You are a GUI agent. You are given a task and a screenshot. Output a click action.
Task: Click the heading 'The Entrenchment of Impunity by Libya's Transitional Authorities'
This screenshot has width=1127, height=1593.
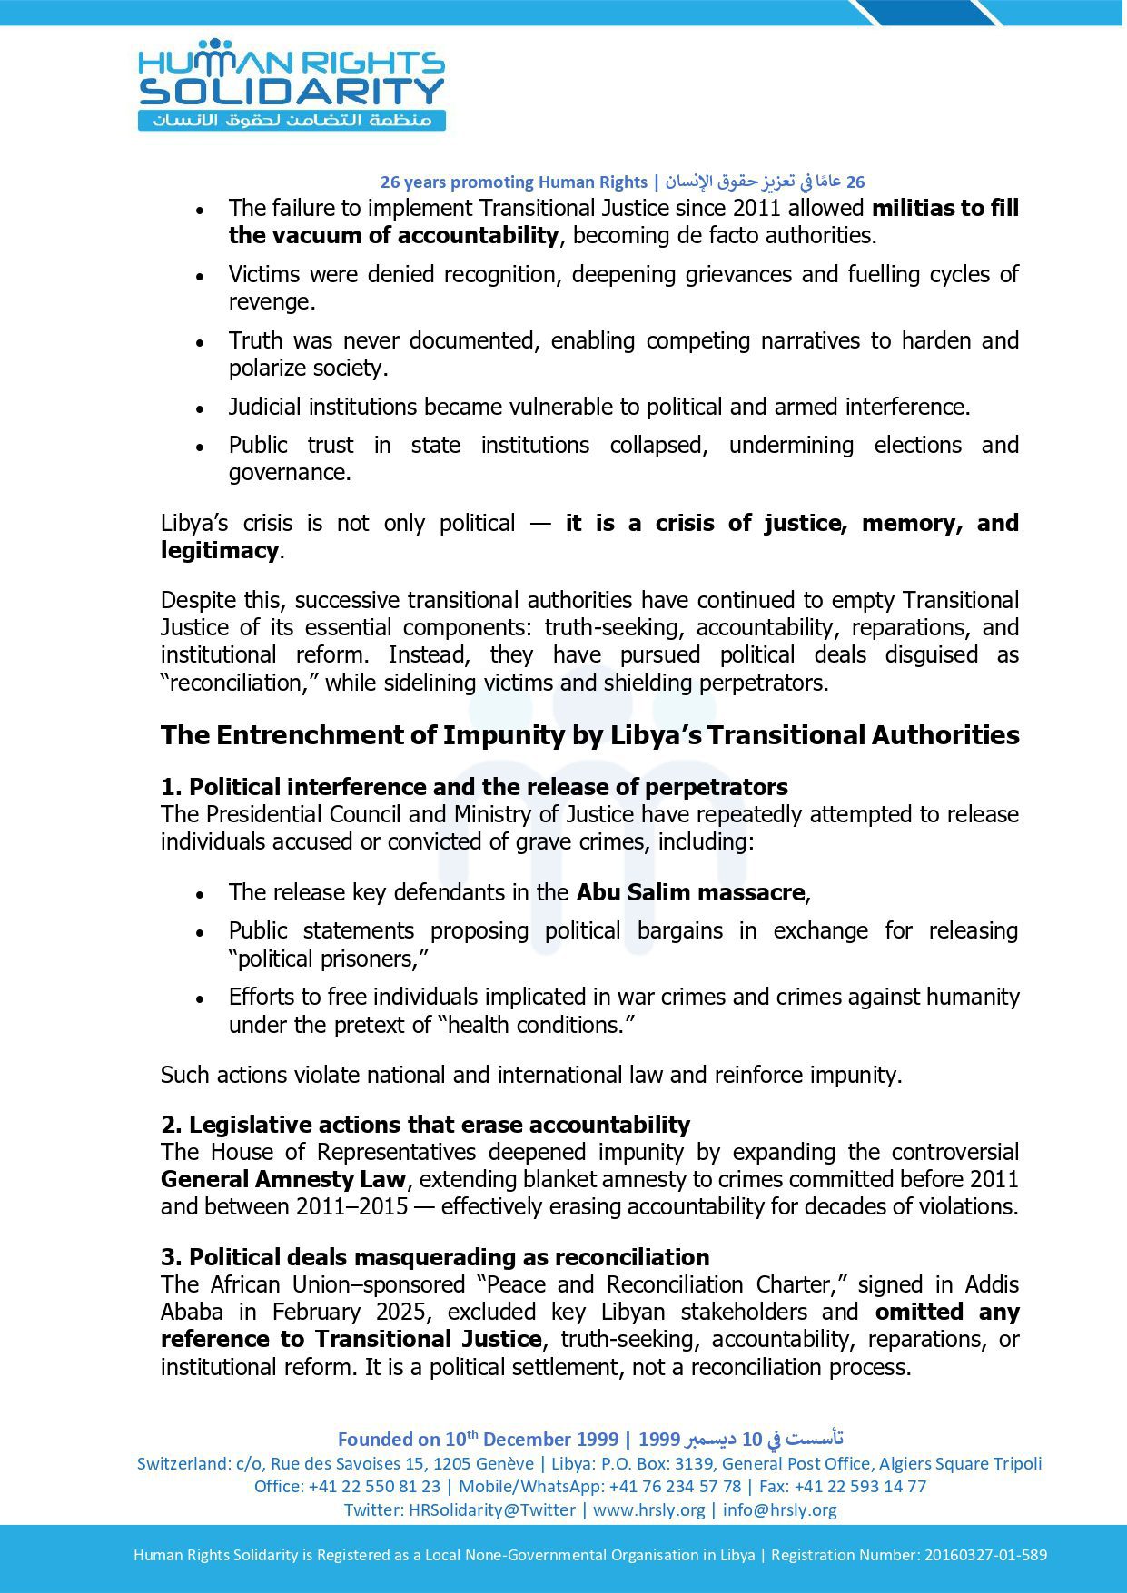tap(589, 734)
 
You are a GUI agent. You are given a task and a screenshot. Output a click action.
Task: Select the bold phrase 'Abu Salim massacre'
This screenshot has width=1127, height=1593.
tap(690, 892)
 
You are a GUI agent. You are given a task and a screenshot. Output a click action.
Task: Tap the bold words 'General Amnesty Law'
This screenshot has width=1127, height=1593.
tap(282, 1179)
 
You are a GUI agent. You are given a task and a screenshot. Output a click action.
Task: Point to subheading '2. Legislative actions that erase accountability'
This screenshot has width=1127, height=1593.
tap(425, 1125)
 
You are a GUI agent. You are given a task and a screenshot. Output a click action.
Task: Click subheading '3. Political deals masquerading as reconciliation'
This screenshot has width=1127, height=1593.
tap(435, 1257)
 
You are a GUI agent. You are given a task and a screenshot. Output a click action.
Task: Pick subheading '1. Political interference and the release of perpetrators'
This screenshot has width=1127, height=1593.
tap(474, 787)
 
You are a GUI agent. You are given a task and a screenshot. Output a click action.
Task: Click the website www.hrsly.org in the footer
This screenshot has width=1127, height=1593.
tap(648, 1509)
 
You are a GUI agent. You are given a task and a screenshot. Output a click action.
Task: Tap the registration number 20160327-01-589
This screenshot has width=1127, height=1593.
tap(985, 1554)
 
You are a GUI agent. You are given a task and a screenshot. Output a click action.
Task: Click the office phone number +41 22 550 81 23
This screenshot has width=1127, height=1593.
tap(374, 1486)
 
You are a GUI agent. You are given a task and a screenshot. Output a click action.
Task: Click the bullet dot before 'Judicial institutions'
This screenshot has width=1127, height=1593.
tap(200, 408)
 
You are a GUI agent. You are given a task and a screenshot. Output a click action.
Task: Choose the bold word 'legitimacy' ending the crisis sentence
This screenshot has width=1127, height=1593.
tap(219, 550)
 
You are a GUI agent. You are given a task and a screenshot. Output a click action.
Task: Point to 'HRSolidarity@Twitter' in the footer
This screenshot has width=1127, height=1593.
tap(492, 1509)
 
